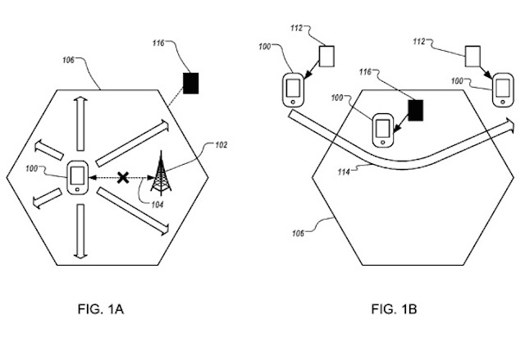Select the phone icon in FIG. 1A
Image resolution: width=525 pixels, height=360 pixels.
(x=77, y=177)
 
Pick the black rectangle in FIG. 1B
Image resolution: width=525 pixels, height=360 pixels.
(x=416, y=111)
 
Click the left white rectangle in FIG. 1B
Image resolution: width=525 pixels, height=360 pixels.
(x=326, y=56)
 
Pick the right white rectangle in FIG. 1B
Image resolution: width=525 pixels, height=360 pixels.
(x=472, y=57)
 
